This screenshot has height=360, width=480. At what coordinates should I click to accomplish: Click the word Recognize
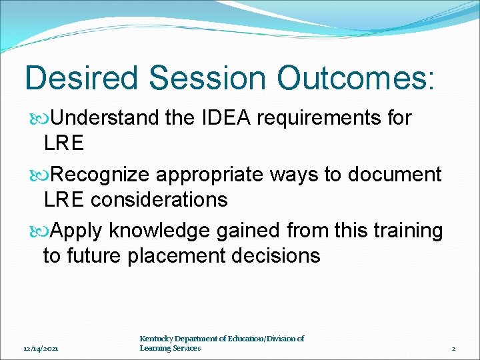coord(101,175)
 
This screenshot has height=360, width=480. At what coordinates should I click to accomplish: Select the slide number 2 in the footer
coord(453,349)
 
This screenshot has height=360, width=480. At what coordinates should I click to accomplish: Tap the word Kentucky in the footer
coord(158,339)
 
